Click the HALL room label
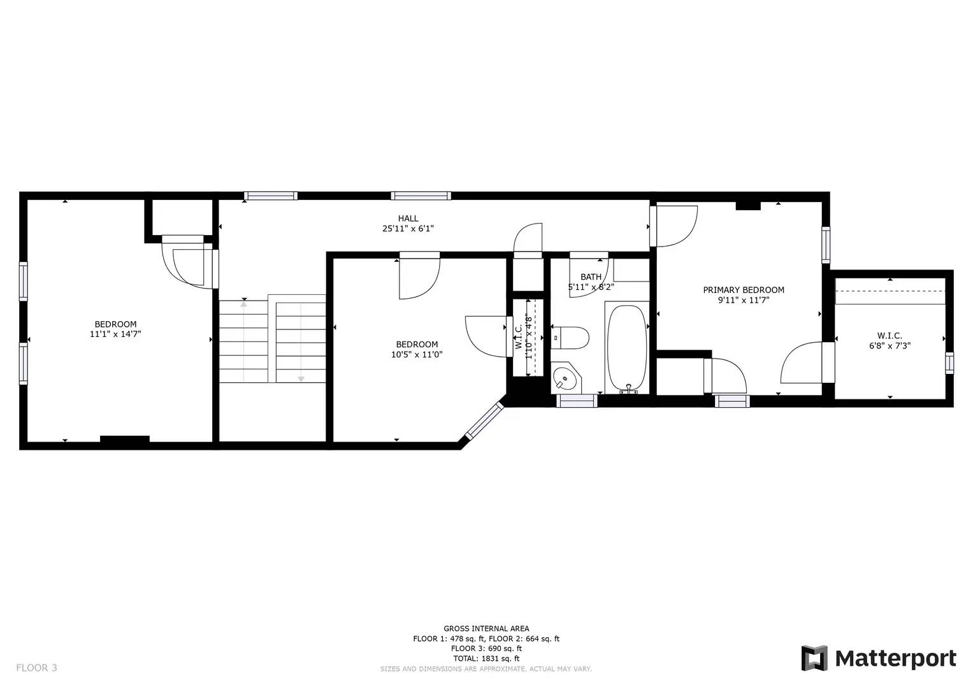(x=408, y=219)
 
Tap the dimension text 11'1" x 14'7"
(x=115, y=333)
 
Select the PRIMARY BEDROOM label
(x=743, y=290)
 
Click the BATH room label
(x=591, y=277)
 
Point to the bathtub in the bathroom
(x=627, y=349)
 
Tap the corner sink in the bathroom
(x=565, y=379)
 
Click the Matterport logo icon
(x=814, y=658)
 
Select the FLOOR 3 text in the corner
(x=36, y=668)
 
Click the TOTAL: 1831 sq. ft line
(x=486, y=659)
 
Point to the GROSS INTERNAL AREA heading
(x=486, y=629)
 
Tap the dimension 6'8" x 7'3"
(x=890, y=346)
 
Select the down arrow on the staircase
(x=301, y=378)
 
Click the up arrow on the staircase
(x=243, y=303)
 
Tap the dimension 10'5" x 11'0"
(x=417, y=354)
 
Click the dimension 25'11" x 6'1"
(x=408, y=228)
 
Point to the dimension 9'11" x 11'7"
(x=743, y=299)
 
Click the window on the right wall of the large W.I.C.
(x=949, y=362)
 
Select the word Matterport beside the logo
(x=895, y=658)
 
